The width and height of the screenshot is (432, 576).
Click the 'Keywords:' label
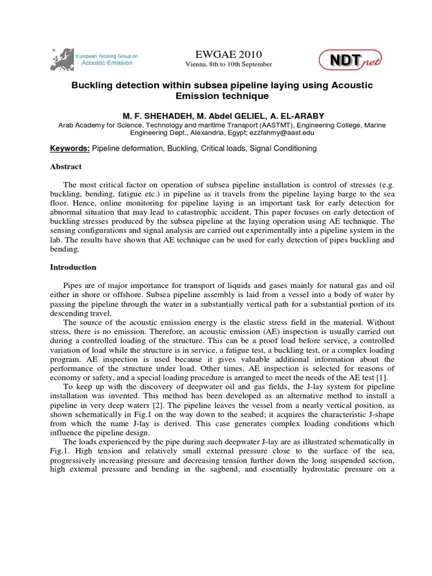pyautogui.click(x=69, y=148)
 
